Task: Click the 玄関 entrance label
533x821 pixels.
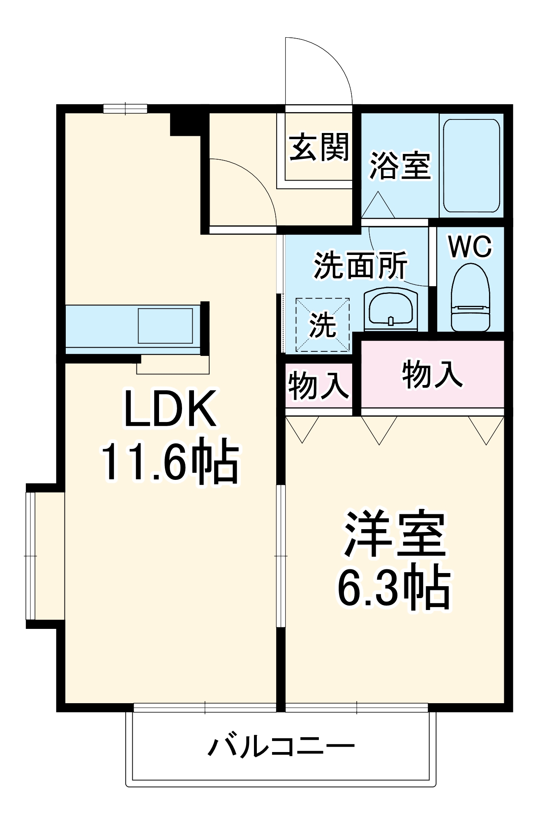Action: point(319,147)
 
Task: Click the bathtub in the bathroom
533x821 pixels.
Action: point(471,165)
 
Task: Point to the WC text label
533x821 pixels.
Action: point(470,246)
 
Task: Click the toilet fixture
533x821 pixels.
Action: point(471,298)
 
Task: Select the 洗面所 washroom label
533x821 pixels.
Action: point(360,265)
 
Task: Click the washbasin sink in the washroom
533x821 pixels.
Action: point(390,310)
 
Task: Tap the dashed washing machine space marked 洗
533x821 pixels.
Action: point(323,325)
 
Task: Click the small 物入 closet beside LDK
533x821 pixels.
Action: point(318,385)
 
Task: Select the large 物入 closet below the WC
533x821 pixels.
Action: point(432,374)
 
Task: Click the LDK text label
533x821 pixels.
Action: point(170,408)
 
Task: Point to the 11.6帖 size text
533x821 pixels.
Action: point(170,460)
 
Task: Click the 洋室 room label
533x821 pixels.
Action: point(395,534)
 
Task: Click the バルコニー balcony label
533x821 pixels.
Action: point(281,746)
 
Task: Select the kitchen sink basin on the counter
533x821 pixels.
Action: point(165,326)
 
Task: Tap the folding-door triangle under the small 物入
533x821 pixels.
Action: point(302,429)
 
